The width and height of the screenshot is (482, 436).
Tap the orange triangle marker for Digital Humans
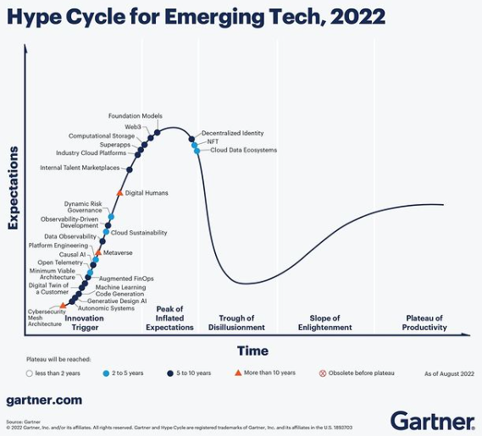pos(119,194)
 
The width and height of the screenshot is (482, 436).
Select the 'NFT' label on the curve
pos(213,141)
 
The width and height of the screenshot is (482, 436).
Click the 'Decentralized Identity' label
pos(232,133)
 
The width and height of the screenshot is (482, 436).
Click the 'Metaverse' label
pos(118,252)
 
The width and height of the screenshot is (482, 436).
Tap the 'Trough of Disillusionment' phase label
pos(236,323)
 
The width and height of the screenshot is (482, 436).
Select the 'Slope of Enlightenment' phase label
pos(324,323)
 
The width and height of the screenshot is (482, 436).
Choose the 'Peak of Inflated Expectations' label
pos(169,323)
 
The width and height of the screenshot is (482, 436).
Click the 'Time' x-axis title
pos(252,350)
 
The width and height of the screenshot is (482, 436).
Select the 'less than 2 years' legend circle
pos(30,373)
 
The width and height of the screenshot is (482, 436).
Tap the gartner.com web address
pos(44,399)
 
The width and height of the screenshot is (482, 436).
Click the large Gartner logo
pos(431,419)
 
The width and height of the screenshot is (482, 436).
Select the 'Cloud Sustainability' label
pos(139,232)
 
